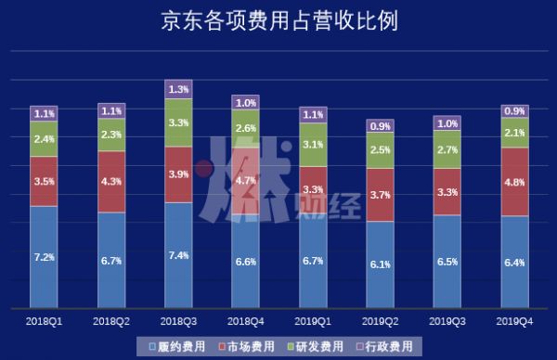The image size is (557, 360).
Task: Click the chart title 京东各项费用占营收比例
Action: pos(278,21)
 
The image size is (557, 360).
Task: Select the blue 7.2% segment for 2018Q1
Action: pos(44,256)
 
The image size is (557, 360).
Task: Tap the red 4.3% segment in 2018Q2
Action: pos(110,182)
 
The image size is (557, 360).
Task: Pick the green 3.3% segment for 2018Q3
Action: pos(178,122)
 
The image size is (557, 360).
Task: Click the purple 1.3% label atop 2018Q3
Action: pos(178,89)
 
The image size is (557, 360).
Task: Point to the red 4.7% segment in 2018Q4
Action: pos(246,183)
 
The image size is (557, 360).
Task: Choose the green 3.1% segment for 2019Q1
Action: pos(313,145)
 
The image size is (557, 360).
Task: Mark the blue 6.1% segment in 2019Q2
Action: pos(380,264)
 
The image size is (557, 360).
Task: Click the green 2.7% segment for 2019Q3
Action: pos(447,148)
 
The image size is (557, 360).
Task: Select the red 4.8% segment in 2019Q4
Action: pos(514,182)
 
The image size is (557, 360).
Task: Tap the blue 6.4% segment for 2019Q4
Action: pos(514,262)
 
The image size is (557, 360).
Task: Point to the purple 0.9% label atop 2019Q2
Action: pos(380,125)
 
